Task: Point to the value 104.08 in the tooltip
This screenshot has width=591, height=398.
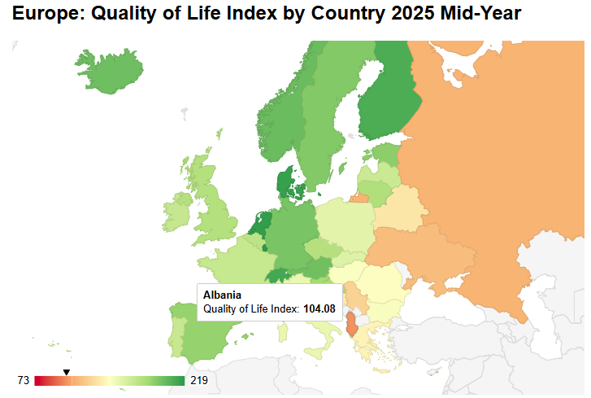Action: point(319,309)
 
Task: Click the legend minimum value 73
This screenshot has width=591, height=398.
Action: point(23,381)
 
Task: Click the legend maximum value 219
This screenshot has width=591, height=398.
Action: point(198,381)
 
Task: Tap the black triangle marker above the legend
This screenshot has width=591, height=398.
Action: point(67,372)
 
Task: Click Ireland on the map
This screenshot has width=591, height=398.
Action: point(178,211)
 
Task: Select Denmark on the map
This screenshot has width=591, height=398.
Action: point(286,184)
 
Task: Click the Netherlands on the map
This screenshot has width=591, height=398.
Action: point(261,222)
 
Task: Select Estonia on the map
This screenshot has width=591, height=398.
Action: point(386,155)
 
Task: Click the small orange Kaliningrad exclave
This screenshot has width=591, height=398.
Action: point(359,197)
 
